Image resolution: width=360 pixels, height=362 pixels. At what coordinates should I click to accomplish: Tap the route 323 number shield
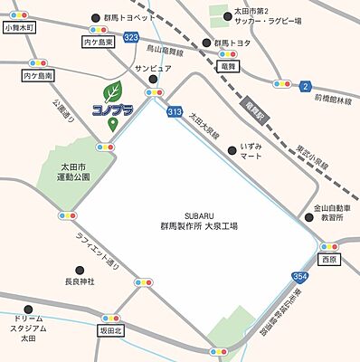132,37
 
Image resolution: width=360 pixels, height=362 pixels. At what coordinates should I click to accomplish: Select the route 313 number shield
174,112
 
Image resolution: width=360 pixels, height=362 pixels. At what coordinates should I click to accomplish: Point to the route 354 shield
300,274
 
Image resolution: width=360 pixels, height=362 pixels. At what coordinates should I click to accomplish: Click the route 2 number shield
306,86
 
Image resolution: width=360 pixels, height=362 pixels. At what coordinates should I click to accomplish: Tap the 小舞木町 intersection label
19,28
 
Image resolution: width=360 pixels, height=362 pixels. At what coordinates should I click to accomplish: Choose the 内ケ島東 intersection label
96,42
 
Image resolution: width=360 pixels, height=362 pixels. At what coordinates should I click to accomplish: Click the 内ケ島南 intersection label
38,76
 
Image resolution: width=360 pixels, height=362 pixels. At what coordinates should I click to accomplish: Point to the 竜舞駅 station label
251,110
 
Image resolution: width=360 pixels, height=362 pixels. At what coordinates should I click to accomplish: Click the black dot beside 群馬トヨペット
96,18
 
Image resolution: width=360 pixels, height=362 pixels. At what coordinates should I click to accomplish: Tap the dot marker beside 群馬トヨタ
206,43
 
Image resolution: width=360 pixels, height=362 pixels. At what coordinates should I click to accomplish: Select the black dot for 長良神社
81,270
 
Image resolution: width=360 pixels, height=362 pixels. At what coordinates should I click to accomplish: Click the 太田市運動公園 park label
70,171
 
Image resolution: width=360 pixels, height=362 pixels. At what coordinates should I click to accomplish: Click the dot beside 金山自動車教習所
305,207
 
